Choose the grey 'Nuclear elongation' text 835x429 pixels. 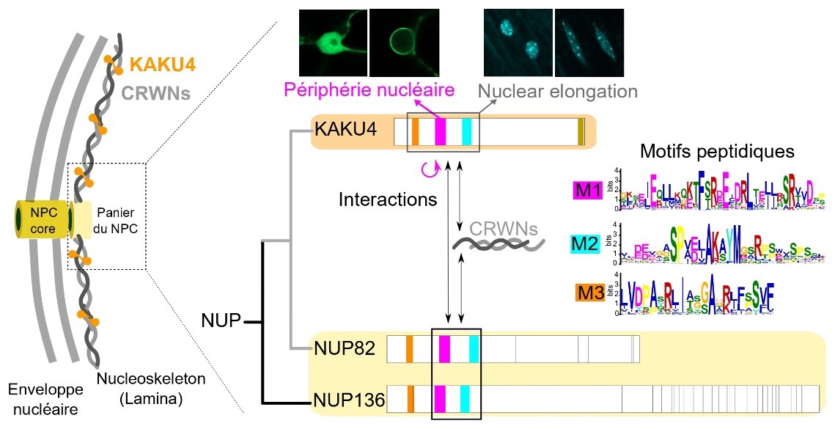(x=557, y=92)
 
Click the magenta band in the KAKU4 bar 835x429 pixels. (x=440, y=132)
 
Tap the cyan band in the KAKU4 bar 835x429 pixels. (x=467, y=132)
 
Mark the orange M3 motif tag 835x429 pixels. (x=589, y=295)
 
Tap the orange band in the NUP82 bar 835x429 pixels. (x=409, y=348)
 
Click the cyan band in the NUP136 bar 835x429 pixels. (x=464, y=399)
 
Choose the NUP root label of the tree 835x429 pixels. (x=221, y=320)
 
